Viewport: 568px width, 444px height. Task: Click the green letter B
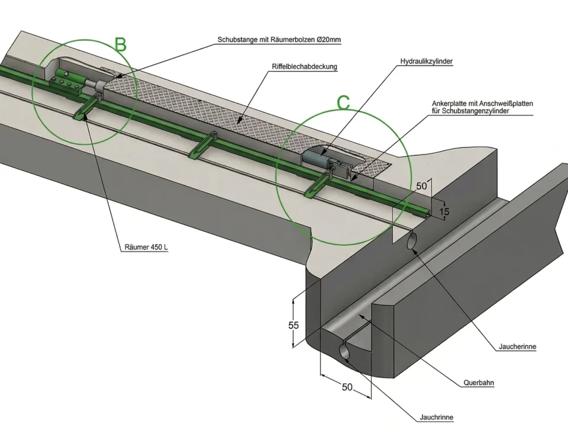(121, 44)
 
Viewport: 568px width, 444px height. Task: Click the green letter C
(343, 102)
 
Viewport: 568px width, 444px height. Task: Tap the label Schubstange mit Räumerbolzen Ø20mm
(279, 40)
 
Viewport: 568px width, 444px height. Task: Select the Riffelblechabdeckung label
(304, 67)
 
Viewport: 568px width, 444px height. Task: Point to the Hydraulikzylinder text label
(427, 62)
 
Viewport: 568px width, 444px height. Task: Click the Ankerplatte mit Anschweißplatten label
(482, 104)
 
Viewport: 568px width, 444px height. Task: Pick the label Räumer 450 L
(146, 247)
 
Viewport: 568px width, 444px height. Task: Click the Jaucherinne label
(517, 347)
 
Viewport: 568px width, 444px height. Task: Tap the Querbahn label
(479, 383)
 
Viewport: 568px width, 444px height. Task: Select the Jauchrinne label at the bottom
(436, 417)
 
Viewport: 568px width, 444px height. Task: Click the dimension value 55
(293, 326)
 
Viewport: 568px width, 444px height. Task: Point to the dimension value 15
(444, 211)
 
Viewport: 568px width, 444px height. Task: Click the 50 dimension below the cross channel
(347, 387)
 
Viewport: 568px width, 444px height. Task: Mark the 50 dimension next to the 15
(421, 186)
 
